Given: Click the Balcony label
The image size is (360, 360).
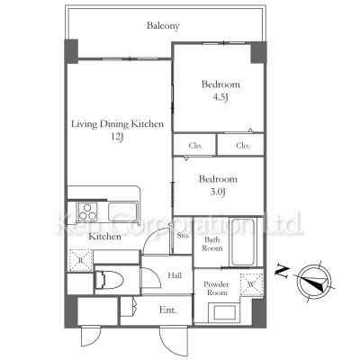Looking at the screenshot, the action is click(x=163, y=26).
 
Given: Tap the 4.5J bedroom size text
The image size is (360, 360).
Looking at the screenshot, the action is click(x=220, y=97).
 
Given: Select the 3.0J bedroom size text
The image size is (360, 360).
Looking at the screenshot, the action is click(x=218, y=192).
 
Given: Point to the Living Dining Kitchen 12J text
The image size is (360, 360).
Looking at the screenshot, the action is click(x=117, y=130).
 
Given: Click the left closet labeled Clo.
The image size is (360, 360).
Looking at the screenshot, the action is click(x=195, y=146).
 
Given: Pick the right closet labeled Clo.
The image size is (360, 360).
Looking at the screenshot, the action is click(x=242, y=146).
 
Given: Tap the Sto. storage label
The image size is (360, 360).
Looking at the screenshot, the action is click(x=183, y=236).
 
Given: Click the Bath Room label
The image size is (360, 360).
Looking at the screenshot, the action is click(x=212, y=244).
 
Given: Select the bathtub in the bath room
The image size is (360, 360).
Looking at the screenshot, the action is click(x=243, y=242).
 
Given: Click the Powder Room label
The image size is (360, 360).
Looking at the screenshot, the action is click(x=216, y=288).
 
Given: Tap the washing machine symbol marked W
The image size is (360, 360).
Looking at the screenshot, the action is click(x=252, y=284).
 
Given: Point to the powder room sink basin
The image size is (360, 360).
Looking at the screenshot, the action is click(x=224, y=312).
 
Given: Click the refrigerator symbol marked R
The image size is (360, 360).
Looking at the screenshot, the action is click(x=80, y=260).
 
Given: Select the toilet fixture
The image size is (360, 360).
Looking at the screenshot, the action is click(x=109, y=281).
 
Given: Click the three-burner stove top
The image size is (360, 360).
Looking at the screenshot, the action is click(x=87, y=211).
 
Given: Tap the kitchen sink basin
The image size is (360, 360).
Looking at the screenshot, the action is click(x=122, y=211).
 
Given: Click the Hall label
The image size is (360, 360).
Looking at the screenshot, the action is click(x=175, y=274).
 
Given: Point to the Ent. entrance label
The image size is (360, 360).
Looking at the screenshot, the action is click(x=167, y=310).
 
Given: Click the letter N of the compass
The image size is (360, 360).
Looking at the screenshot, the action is click(x=283, y=271).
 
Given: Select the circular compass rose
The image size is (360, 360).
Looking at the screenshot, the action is click(x=314, y=282).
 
